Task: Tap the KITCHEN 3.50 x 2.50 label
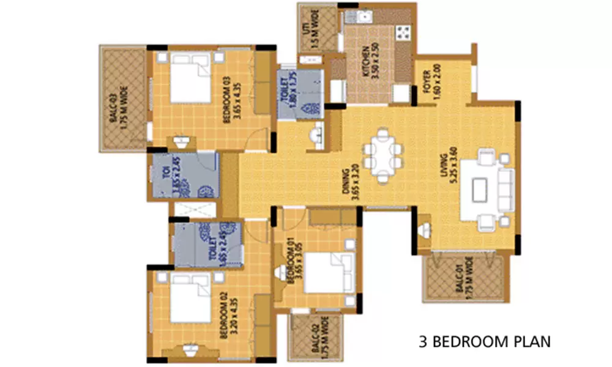coord(370,62)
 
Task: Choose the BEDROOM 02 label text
coord(229,316)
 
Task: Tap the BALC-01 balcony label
coord(466,281)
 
